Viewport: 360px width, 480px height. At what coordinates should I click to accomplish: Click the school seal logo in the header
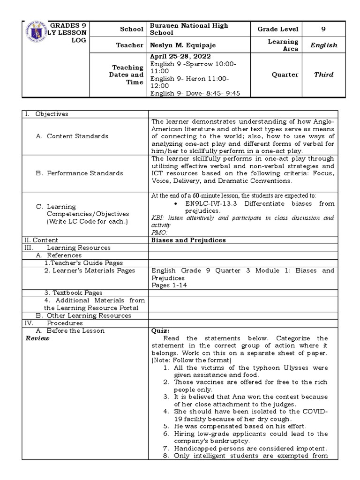tap(33, 36)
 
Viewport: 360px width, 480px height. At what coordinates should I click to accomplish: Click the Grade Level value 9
tap(323, 29)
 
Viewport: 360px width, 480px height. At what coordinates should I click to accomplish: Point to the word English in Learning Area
tap(323, 45)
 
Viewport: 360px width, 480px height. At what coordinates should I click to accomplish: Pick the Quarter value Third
tap(323, 75)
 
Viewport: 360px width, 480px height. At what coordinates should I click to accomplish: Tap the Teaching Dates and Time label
tap(126, 75)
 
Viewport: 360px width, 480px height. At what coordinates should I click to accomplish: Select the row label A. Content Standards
tap(77, 136)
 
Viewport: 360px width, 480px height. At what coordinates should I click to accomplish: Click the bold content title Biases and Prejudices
tap(188, 240)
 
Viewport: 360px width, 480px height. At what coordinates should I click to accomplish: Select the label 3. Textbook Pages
tap(73, 293)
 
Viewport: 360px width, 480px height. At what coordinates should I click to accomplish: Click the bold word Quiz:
tap(159, 330)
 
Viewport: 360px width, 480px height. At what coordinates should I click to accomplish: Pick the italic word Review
tap(37, 338)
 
